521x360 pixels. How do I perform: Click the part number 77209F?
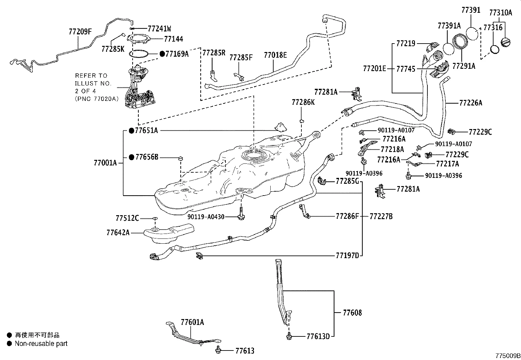click(x=80, y=32)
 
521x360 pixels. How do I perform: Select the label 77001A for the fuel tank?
click(x=105, y=163)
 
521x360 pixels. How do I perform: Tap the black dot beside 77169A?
click(x=162, y=54)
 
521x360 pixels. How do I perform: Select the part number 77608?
click(x=352, y=313)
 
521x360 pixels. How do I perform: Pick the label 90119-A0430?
click(x=206, y=217)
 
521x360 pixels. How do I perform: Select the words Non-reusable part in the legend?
click(x=41, y=344)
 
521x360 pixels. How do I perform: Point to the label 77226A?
click(x=471, y=103)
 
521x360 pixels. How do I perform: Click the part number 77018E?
click(x=275, y=55)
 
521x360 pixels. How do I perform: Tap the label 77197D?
click(x=347, y=256)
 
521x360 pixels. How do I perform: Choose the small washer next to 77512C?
click(x=155, y=218)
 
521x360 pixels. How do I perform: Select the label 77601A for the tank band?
click(x=192, y=322)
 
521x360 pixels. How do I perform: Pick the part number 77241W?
click(x=159, y=28)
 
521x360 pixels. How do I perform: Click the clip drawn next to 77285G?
click(x=322, y=180)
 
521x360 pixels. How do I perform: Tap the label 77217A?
click(x=447, y=164)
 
